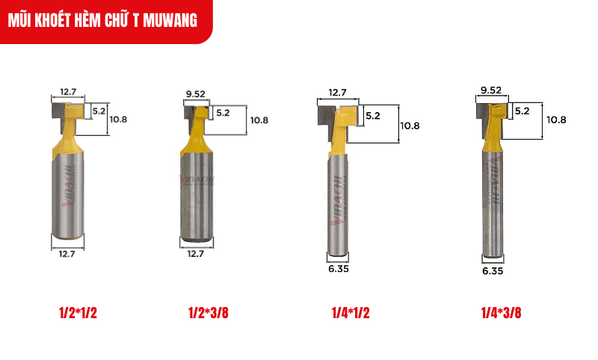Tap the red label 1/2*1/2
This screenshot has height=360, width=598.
(78, 313)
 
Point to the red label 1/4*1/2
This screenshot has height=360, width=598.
(350, 313)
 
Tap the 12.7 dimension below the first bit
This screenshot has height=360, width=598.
(68, 253)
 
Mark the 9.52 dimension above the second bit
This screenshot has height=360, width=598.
(196, 94)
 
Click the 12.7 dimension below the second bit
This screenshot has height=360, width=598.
(196, 253)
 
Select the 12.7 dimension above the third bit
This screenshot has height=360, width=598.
(337, 93)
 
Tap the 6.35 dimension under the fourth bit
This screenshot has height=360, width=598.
(493, 272)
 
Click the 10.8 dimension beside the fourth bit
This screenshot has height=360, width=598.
(556, 120)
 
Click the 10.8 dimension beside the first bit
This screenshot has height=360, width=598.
(120, 118)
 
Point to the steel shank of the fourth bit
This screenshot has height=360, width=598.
(492, 202)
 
